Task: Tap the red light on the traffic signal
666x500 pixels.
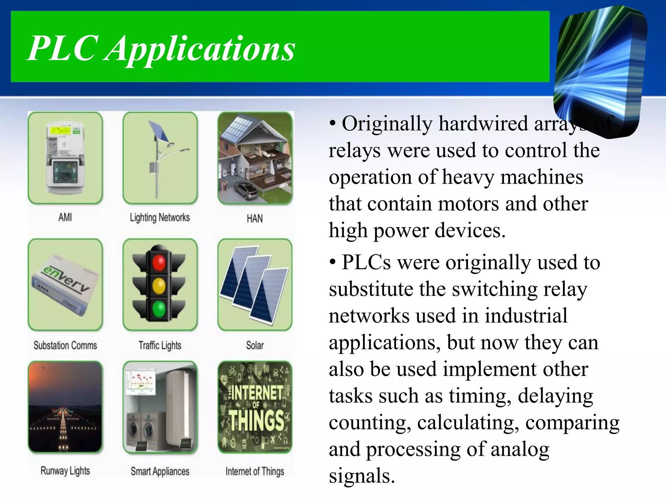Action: pyautogui.click(x=159, y=263)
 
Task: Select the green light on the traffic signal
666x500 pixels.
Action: pyautogui.click(x=159, y=309)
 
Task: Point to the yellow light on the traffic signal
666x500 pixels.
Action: pyautogui.click(x=159, y=285)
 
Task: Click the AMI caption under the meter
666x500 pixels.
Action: pyautogui.click(x=65, y=217)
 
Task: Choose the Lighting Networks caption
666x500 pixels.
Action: pyautogui.click(x=160, y=217)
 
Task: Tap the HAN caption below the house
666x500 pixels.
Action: pyautogui.click(x=255, y=218)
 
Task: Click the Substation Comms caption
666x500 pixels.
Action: pyautogui.click(x=65, y=345)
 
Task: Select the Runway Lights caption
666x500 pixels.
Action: pyautogui.click(x=65, y=471)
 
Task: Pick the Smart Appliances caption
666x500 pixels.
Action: pyautogui.click(x=160, y=471)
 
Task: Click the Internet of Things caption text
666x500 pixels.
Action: pyautogui.click(x=255, y=471)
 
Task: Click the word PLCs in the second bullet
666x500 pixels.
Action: pyautogui.click(x=366, y=262)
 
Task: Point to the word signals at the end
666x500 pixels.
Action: pyautogui.click(x=362, y=476)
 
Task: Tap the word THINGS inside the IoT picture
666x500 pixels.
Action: pyautogui.click(x=256, y=420)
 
